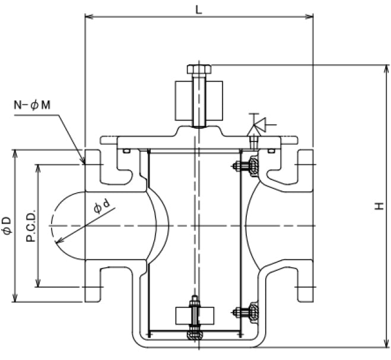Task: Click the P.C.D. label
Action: click(x=30, y=226)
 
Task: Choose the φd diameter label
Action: click(x=101, y=207)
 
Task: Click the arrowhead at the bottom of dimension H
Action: click(x=384, y=343)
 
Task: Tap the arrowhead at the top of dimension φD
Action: click(x=15, y=153)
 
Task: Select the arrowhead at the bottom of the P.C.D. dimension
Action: click(x=39, y=284)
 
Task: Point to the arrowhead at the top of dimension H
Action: click(x=384, y=67)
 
